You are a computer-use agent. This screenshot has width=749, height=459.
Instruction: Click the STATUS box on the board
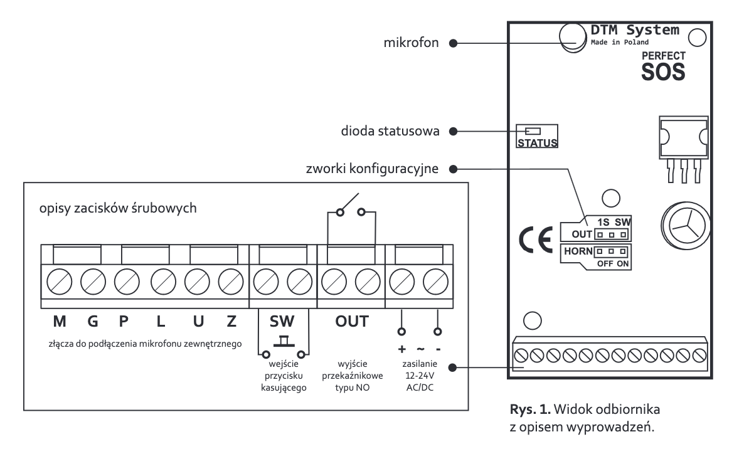(x=537, y=136)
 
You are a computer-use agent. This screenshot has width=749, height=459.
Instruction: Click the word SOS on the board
(x=662, y=71)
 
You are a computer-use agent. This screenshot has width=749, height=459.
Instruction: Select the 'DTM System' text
(x=635, y=29)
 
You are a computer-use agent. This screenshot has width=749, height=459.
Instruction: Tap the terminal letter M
(x=60, y=322)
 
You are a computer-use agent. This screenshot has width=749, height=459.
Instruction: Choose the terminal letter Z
(x=231, y=322)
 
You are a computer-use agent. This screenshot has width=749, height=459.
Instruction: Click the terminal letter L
(x=161, y=322)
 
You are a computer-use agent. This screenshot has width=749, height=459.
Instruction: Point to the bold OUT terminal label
(x=352, y=322)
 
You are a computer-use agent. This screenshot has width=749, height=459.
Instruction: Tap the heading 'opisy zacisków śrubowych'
(x=118, y=208)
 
